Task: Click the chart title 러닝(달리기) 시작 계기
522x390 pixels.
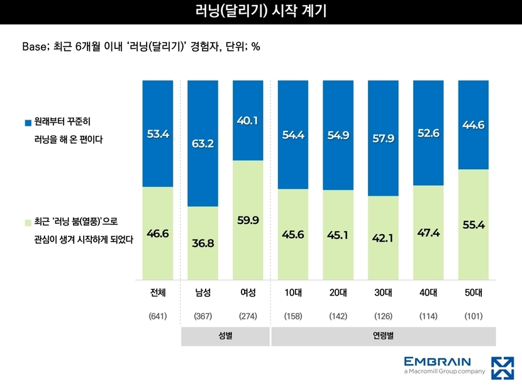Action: pos(260,11)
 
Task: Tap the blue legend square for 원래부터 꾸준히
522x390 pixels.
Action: pos(28,123)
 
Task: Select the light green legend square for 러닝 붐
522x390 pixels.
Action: pos(28,223)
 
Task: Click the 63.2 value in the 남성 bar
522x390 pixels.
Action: pos(203,143)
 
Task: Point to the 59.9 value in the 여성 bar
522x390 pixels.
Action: pos(248,220)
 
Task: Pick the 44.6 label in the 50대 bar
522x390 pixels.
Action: pos(474,125)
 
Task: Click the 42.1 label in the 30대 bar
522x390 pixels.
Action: pos(383,238)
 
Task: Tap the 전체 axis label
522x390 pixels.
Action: pos(158,292)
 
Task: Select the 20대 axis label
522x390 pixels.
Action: pos(338,292)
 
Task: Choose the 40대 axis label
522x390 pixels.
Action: pos(428,292)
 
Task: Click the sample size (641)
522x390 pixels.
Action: pos(158,316)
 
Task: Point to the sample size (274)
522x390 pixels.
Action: pos(248,316)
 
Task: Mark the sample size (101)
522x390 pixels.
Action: pos(474,316)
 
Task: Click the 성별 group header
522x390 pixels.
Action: pos(225,336)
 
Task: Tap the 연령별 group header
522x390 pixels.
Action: pos(383,336)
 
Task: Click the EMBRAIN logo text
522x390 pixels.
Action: pos(438,362)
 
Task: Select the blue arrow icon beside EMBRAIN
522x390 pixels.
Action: pos(503,368)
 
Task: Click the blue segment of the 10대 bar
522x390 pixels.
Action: pos(293,135)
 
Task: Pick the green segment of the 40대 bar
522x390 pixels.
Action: pos(428,233)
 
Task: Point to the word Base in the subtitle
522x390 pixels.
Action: pos(35,47)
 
